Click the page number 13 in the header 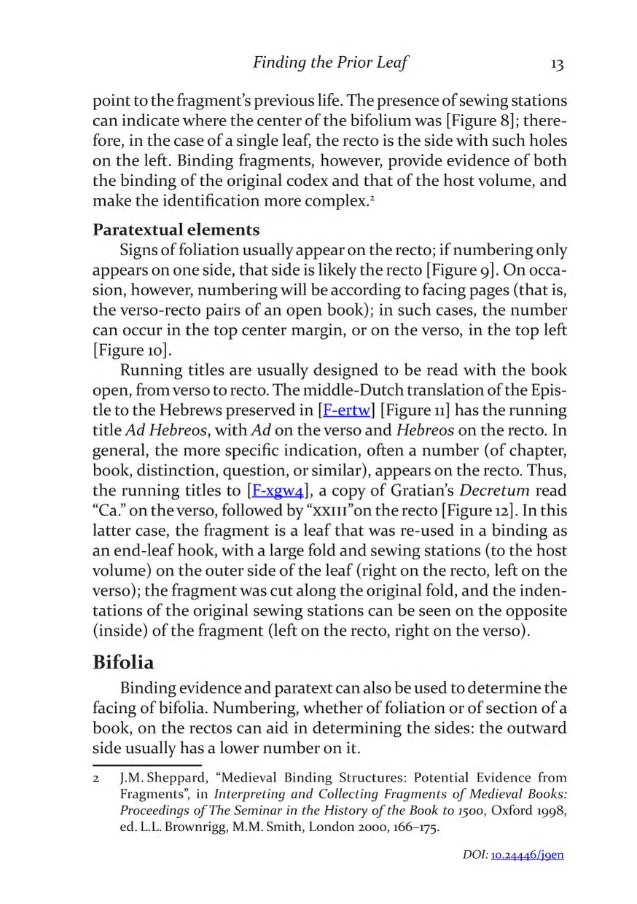[557, 64]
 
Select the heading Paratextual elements [176, 230]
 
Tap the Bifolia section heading [123, 644]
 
